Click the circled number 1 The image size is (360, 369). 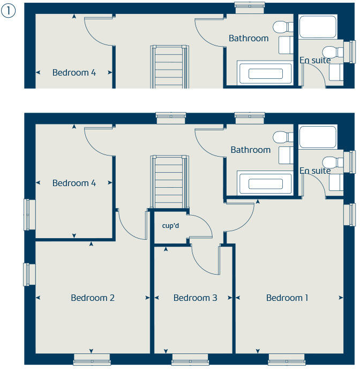9,12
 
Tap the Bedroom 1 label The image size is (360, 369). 287,298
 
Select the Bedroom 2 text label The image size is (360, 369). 93,298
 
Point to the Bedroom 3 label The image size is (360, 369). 195,298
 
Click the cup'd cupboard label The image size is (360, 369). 170,226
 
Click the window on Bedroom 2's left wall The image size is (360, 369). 29,274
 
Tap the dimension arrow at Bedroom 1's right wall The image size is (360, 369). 340,297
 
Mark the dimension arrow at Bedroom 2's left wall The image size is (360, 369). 38,297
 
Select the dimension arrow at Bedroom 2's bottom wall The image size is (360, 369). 92,350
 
